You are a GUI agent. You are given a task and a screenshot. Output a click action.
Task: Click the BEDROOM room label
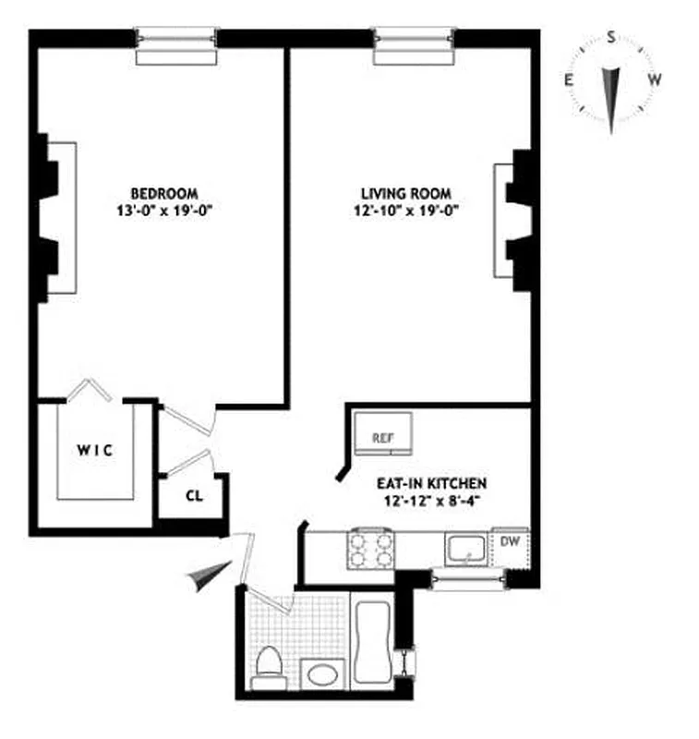[164, 193]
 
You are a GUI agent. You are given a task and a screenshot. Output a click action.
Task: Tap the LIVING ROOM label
[405, 193]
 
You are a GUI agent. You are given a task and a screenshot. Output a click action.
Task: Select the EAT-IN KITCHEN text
[430, 482]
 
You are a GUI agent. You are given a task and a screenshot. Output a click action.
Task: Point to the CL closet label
[193, 494]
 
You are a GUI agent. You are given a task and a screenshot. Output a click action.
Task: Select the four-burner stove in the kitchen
[368, 551]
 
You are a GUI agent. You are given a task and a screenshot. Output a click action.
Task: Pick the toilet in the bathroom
[269, 668]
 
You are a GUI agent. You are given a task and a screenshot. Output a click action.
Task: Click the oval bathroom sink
[322, 674]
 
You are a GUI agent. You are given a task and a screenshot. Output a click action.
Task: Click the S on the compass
[611, 38]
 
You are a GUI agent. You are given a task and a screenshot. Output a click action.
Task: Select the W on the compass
[654, 80]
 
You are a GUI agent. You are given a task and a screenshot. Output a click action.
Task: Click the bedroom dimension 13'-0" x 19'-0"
[164, 210]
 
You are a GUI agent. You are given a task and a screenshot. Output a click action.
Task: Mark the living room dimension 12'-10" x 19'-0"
[405, 210]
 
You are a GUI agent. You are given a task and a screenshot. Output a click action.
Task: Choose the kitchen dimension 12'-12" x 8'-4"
[430, 500]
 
